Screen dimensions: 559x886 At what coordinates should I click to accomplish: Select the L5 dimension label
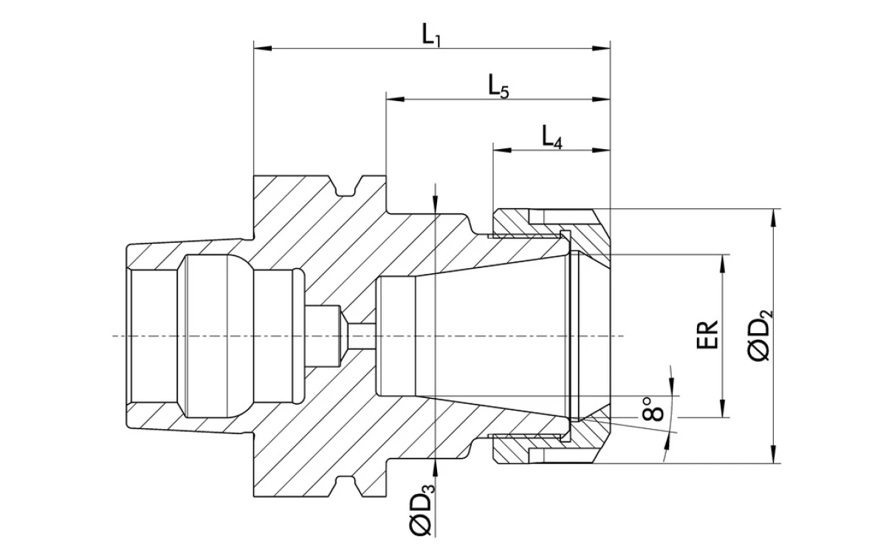click(x=499, y=86)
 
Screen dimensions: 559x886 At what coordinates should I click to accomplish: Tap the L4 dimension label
click(x=552, y=137)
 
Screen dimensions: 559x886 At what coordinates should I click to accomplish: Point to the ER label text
click(x=708, y=336)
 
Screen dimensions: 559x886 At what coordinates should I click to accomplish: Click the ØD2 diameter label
click(x=760, y=336)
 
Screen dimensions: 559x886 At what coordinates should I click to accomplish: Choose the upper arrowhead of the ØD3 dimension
click(x=437, y=205)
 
